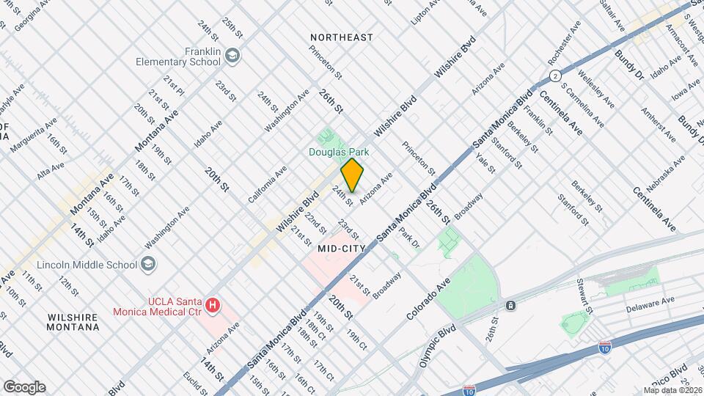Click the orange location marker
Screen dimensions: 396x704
pos(353,175)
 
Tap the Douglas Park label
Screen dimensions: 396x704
pos(337,152)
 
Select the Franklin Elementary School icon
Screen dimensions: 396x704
pos(232,56)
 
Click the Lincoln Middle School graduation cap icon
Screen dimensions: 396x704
pos(148,264)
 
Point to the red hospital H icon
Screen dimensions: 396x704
pos(213,304)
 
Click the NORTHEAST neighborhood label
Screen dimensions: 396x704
pos(342,37)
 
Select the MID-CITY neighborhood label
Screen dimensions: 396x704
pos(342,249)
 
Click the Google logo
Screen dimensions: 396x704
pos(24,386)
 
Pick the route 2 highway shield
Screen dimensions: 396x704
pos(557,76)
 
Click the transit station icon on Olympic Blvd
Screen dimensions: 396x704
pos(510,304)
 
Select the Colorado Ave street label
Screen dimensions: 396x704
pos(430,301)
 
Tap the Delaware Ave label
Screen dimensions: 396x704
pos(650,301)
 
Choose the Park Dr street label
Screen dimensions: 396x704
pos(408,238)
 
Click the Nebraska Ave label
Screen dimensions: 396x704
pos(664,170)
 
